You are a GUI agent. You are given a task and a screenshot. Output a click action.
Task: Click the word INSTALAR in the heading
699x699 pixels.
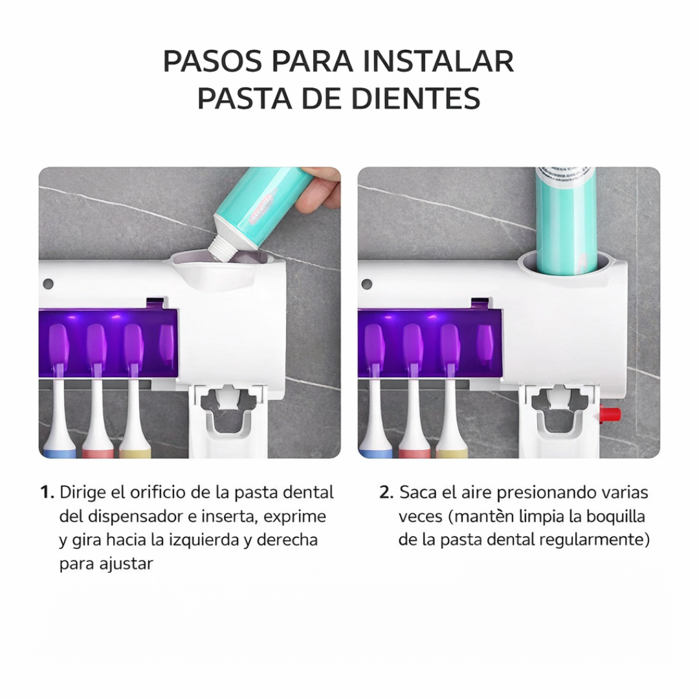[x=438, y=61]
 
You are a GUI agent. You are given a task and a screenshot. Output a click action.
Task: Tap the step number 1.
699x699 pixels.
[x=47, y=493]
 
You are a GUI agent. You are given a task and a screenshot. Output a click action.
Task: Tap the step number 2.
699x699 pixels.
[x=386, y=493]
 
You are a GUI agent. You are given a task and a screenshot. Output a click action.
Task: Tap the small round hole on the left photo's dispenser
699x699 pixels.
[x=47, y=284]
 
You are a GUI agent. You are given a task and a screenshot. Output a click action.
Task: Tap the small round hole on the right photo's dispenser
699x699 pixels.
[x=367, y=284]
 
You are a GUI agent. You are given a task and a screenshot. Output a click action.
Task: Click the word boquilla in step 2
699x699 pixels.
[x=616, y=516]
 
